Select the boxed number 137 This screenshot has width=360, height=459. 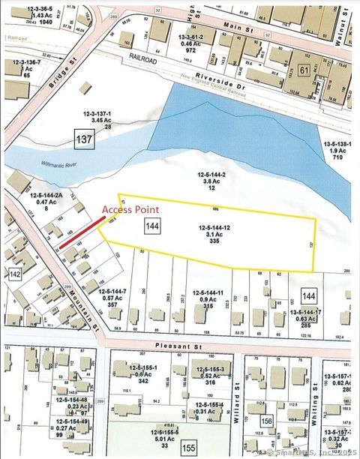click(83, 139)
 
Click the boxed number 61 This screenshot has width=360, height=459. click(303, 69)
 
